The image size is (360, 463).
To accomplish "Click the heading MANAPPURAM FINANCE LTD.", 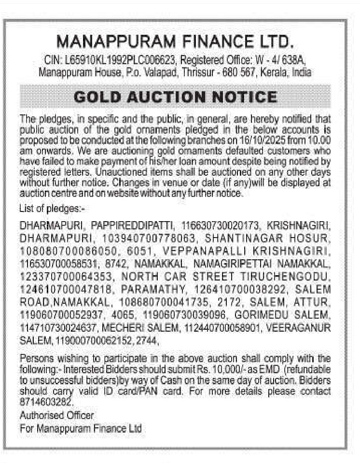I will pos(175,42).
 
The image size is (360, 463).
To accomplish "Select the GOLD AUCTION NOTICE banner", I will pos(176,97).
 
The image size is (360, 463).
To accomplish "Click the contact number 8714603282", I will pos(48,401).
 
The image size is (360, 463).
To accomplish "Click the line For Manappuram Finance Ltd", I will pos(81,428).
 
